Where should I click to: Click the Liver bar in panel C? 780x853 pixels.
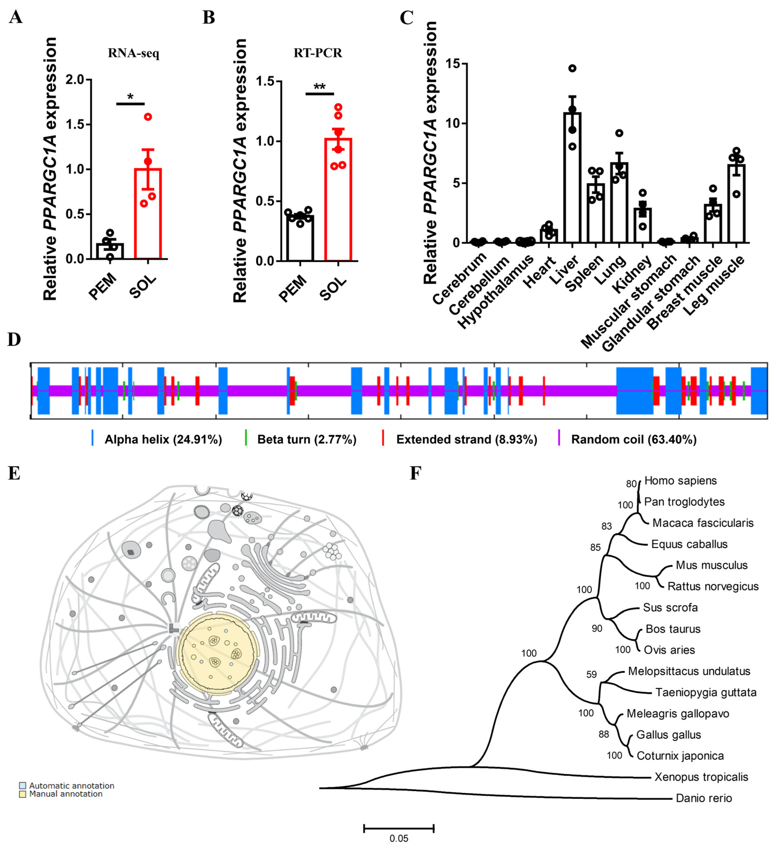pyautogui.click(x=572, y=178)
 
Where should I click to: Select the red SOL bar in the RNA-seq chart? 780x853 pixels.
pyautogui.click(x=148, y=214)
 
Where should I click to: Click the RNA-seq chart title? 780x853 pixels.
pyautogui.click(x=134, y=53)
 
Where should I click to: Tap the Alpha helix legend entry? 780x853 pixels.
pyautogui.click(x=163, y=440)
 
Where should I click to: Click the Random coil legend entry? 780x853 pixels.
pyautogui.click(x=633, y=440)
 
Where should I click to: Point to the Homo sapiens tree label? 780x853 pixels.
pyautogui.click(x=680, y=481)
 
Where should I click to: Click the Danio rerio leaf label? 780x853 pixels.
pyautogui.click(x=703, y=798)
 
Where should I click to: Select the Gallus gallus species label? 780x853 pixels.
pyautogui.click(x=668, y=735)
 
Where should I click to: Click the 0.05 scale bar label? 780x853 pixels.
pyautogui.click(x=398, y=839)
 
